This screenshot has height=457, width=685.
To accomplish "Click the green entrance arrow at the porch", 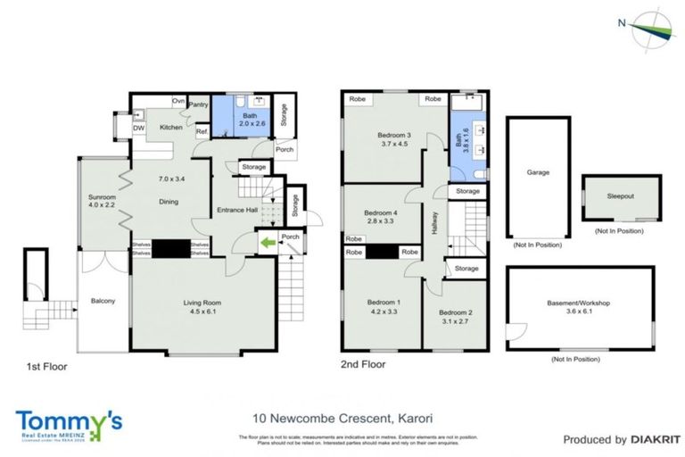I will (x=266, y=240).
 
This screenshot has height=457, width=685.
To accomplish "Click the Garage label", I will (x=537, y=173).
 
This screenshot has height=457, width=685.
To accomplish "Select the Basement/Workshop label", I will (x=578, y=303).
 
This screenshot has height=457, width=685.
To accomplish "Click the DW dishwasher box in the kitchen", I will (x=139, y=129).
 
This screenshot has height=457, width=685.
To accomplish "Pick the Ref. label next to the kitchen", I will (x=202, y=132).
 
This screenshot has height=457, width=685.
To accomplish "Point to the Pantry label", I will (x=198, y=104).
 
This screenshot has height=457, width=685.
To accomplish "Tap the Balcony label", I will (x=103, y=301).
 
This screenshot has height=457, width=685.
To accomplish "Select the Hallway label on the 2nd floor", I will (x=435, y=220).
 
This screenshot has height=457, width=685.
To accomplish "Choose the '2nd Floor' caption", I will (x=363, y=365).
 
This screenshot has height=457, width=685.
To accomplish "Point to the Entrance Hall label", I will (x=236, y=211).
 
